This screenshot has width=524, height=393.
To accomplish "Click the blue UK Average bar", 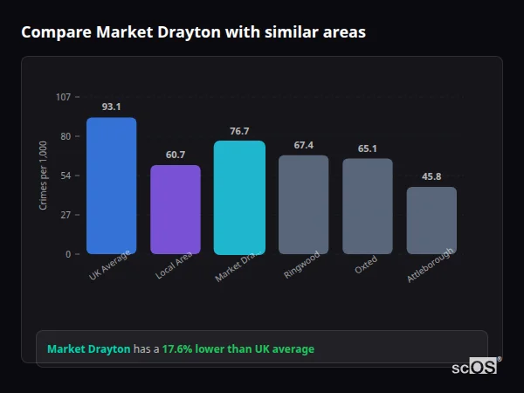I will [x=111, y=186].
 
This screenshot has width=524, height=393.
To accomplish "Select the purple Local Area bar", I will [x=176, y=210].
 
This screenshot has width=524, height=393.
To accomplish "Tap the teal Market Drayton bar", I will [x=239, y=197].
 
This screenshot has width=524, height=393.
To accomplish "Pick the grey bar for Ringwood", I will [x=303, y=204].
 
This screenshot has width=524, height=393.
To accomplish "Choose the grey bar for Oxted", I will [x=367, y=206].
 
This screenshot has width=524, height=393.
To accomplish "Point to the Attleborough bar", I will [x=431, y=220].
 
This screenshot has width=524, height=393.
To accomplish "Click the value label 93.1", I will [x=111, y=107].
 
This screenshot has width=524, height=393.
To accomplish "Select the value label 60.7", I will [x=176, y=155].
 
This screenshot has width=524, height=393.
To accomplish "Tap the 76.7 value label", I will [x=239, y=131].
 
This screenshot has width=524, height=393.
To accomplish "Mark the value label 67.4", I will [x=303, y=145].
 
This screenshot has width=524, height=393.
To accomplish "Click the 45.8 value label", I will [x=431, y=176].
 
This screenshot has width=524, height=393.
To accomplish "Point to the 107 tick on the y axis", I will [x=63, y=97].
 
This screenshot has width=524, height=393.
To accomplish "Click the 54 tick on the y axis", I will [x=65, y=176].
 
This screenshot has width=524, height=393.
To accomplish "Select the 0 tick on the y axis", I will [x=68, y=254].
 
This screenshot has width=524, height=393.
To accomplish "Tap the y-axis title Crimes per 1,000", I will [x=44, y=176].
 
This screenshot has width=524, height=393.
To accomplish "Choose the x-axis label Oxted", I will [x=366, y=265].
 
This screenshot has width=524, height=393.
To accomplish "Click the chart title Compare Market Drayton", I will [x=193, y=32].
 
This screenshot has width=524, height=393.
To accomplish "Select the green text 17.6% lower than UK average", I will [x=238, y=349].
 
